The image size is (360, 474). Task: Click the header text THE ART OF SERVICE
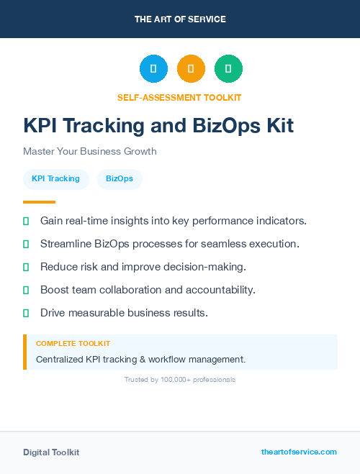(x=180, y=19)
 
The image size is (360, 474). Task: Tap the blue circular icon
(x=153, y=69)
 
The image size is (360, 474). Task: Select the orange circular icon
(x=191, y=69)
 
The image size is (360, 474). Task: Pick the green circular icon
(x=228, y=69)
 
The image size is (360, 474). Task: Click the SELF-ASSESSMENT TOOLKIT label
(x=179, y=97)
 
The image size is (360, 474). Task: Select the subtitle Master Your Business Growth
(x=89, y=152)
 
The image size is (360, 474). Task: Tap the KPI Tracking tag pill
(x=55, y=179)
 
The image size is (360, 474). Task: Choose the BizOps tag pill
(x=120, y=179)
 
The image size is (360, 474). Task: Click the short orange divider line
(x=39, y=202)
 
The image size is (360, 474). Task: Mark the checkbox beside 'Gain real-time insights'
(x=26, y=220)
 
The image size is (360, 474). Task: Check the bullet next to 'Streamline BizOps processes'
(x=26, y=244)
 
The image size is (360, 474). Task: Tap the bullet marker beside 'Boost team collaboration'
(x=26, y=290)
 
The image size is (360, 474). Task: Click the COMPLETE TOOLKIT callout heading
(x=73, y=344)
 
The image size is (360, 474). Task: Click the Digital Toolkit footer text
(x=51, y=452)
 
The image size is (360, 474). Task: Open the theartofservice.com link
(x=299, y=452)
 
